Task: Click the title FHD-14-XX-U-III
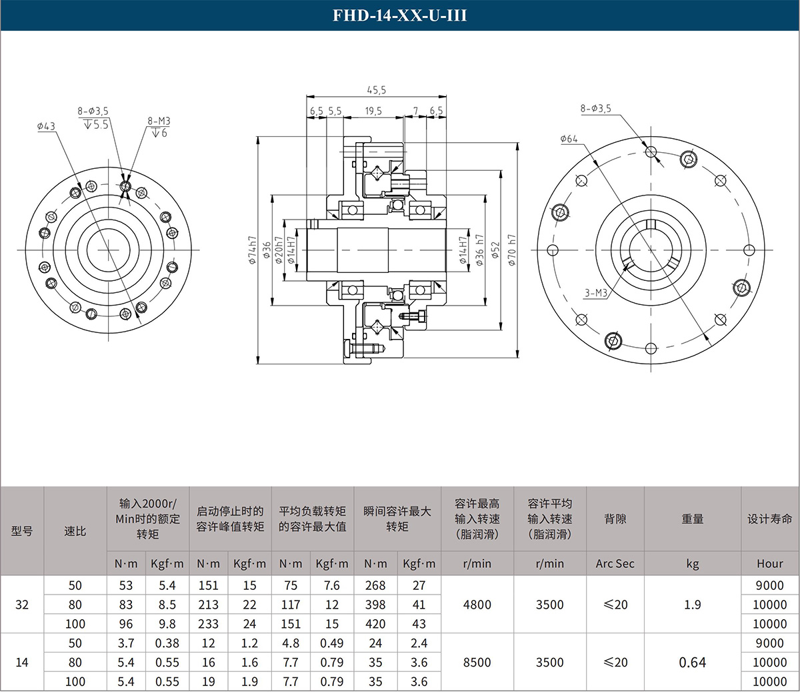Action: pyautogui.click(x=399, y=15)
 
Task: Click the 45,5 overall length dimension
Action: pyautogui.click(x=377, y=90)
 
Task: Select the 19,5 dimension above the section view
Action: pyautogui.click(x=373, y=111)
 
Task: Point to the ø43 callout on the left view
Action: pyautogui.click(x=46, y=126)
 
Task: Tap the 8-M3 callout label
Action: pyautogui.click(x=159, y=121)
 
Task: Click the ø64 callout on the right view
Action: pyautogui.click(x=569, y=139)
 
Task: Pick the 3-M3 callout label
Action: pyautogui.click(x=596, y=293)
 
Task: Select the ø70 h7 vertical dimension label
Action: pyautogui.click(x=512, y=250)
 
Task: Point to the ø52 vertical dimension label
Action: pyautogui.click(x=495, y=250)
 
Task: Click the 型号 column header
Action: pyautogui.click(x=22, y=531)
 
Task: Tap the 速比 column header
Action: pyautogui.click(x=75, y=531)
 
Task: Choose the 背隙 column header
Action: pyautogui.click(x=615, y=519)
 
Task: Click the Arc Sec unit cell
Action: pyautogui.click(x=615, y=564)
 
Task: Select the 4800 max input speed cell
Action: pyautogui.click(x=477, y=605)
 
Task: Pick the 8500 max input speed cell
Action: pyautogui.click(x=477, y=663)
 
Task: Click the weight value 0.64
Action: pyautogui.click(x=692, y=663)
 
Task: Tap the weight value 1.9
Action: pyautogui.click(x=692, y=605)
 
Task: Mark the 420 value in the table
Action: pyautogui.click(x=375, y=624)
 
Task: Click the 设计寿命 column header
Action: pyautogui.click(x=769, y=519)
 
